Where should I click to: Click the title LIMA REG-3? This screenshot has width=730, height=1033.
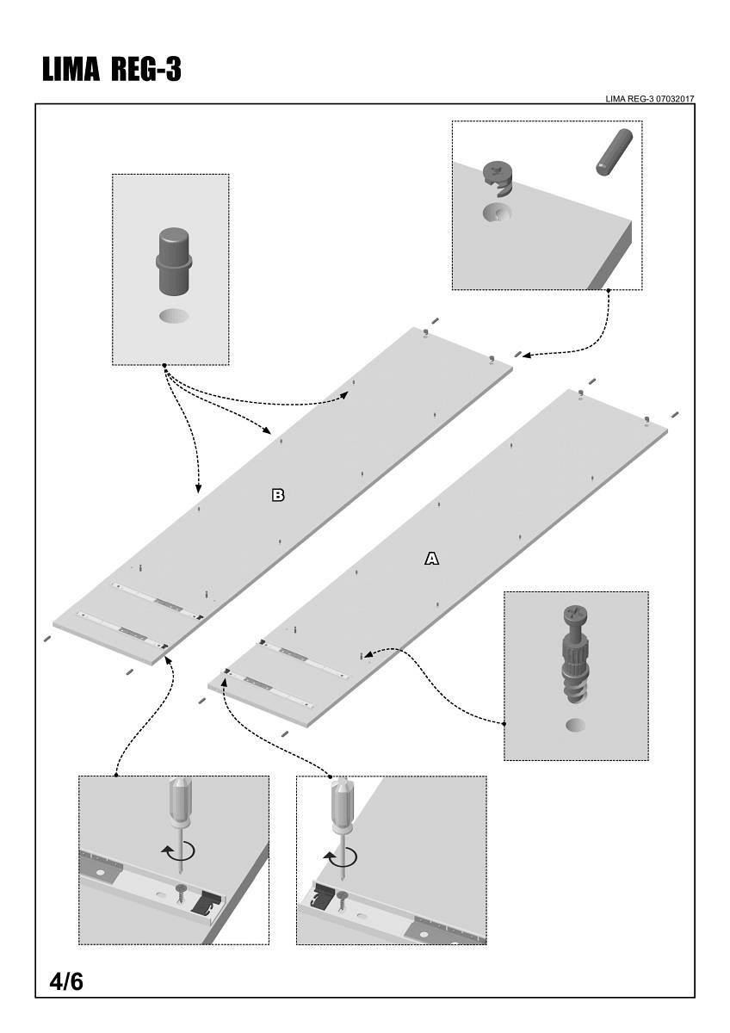click(x=112, y=70)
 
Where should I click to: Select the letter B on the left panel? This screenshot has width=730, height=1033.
click(x=277, y=495)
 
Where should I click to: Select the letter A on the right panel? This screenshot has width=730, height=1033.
click(x=431, y=559)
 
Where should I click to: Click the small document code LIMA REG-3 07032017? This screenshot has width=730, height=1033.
click(x=649, y=99)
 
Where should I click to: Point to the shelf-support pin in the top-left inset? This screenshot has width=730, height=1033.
click(x=174, y=261)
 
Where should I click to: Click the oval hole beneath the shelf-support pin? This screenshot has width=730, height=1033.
click(x=174, y=317)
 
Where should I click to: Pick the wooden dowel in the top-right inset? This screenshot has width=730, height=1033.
click(x=615, y=152)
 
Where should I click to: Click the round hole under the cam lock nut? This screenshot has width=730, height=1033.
click(x=497, y=213)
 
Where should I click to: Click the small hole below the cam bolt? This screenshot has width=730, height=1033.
click(x=576, y=726)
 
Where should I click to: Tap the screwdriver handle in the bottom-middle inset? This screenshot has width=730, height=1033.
click(x=342, y=802)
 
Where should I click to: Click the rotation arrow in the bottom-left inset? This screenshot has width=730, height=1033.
click(x=178, y=851)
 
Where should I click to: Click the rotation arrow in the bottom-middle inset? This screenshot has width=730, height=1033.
click(x=340, y=857)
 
